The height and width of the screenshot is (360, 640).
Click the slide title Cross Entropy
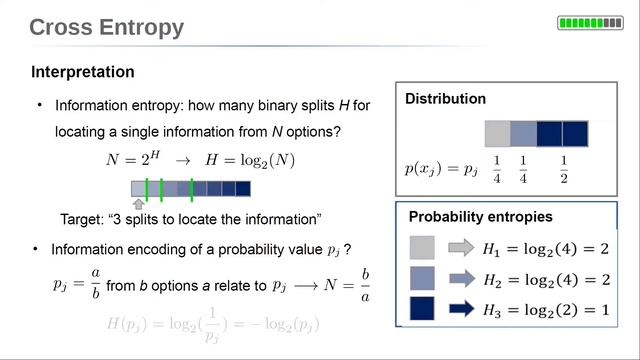tap(107, 27)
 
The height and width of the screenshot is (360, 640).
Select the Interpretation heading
tap(83, 72)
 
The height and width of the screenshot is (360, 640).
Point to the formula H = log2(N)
tap(245, 159)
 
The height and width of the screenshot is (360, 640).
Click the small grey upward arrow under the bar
tap(138, 204)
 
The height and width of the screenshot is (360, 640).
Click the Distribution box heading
tap(445, 99)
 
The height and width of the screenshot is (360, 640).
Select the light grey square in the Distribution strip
tap(497, 134)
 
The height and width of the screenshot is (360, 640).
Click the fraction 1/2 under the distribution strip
tap(563, 169)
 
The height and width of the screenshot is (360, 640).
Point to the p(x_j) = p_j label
tap(440, 169)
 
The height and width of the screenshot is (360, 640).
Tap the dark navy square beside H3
tap(422, 309)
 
